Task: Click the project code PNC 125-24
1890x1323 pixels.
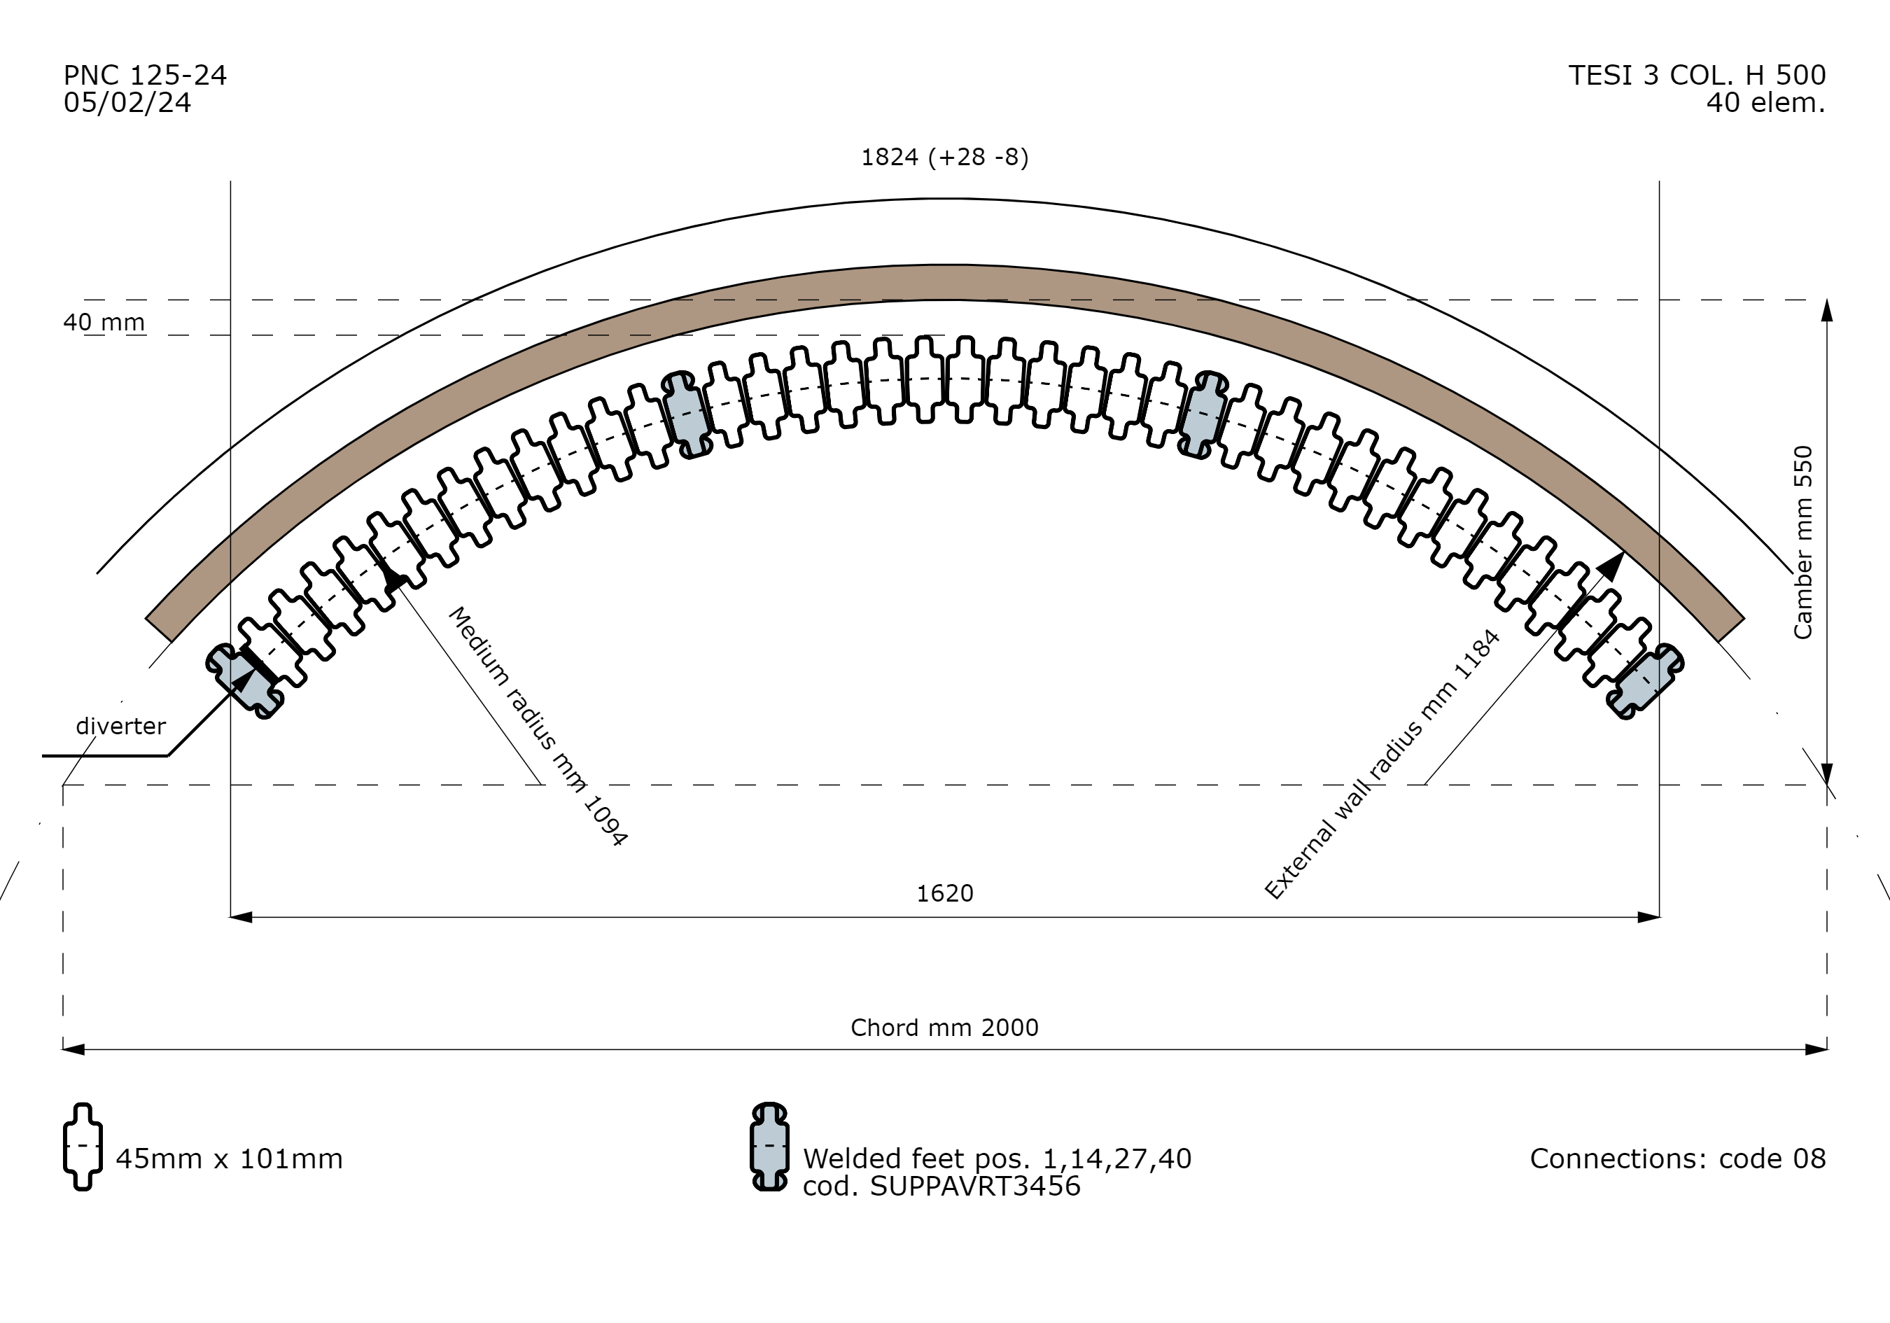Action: [x=145, y=76]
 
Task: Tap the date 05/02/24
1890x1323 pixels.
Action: [x=127, y=103]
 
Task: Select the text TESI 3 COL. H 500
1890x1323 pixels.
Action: [x=1697, y=76]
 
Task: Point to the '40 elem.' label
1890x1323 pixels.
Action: [x=1765, y=103]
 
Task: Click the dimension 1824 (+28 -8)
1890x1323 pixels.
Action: [x=944, y=157]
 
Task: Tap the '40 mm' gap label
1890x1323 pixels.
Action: [x=104, y=322]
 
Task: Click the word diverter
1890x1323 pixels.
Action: [x=121, y=726]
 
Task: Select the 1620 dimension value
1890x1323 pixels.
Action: [x=945, y=893]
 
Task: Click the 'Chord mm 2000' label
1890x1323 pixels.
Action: [x=944, y=1028]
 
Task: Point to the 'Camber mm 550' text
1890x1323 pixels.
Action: [x=1802, y=542]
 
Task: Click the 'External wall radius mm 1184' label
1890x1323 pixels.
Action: [x=1382, y=764]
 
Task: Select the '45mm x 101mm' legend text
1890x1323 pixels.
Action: [x=229, y=1159]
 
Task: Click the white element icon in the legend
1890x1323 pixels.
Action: [x=83, y=1146]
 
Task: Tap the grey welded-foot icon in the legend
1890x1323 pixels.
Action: [x=770, y=1146]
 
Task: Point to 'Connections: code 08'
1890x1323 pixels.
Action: [x=1678, y=1159]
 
